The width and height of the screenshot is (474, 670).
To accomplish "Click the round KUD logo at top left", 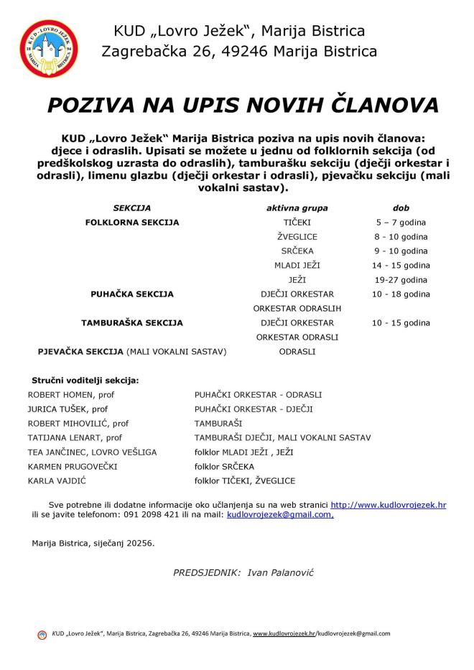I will [49, 49].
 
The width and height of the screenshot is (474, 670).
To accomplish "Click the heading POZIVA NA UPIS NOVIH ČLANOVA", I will [243, 105].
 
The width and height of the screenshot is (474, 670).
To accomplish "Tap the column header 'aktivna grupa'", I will [297, 208].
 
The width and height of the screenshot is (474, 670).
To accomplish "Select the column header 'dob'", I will [401, 208].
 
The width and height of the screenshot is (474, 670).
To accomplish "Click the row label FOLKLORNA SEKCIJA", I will [132, 223].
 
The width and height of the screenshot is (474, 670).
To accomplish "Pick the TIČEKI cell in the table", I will [297, 223].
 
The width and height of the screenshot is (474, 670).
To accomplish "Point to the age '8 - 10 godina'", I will [401, 237].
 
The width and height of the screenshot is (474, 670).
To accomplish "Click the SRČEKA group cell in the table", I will [297, 251].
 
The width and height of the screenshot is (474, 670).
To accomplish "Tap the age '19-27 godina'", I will [401, 280].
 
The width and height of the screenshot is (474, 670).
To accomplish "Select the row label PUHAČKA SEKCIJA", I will [132, 294].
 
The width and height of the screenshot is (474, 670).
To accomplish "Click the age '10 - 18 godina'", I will [401, 294].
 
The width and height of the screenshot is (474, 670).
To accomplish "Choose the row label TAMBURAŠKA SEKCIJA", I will [132, 323].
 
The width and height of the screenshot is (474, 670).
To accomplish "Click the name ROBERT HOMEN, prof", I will [71, 395].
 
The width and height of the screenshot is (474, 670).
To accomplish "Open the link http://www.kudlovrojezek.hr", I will [388, 506].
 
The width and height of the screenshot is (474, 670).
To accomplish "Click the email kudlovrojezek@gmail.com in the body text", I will [279, 515].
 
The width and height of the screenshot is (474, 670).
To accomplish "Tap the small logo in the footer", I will [42, 634].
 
